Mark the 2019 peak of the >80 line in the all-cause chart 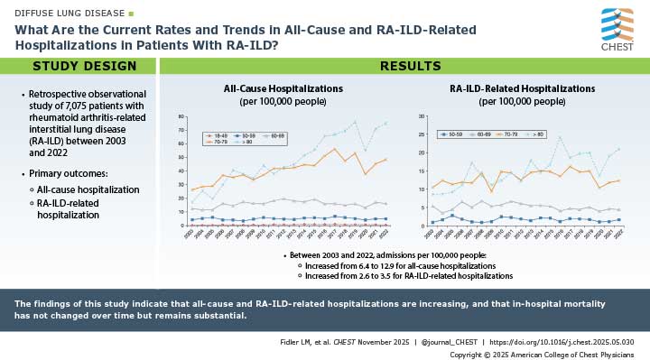(354, 122)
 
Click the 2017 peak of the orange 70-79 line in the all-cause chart (334, 149)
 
